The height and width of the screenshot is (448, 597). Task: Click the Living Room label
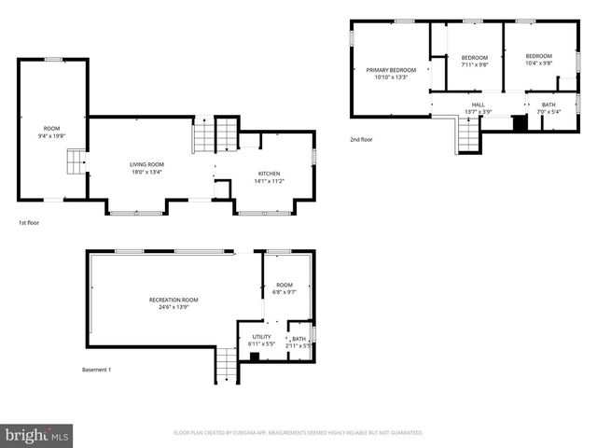pos(146,164)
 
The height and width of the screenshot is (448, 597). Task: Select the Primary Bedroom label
pos(391,70)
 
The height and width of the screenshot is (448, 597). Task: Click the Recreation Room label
pos(174,300)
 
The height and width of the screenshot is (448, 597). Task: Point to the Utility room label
pos(261,337)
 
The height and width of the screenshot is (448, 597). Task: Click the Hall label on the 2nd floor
pos(479,105)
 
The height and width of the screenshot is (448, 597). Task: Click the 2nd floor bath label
pos(548,105)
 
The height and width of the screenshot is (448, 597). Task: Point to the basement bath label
pos(298,339)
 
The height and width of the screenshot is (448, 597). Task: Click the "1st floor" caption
pos(29,223)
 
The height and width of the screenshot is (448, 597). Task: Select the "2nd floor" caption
pos(362,138)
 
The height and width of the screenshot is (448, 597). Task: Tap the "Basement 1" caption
pos(96,370)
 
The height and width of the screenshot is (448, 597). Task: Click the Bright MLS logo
pos(36,434)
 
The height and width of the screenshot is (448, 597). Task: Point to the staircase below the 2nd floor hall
pos(467,137)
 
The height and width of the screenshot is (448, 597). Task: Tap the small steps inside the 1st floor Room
pos(75,165)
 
